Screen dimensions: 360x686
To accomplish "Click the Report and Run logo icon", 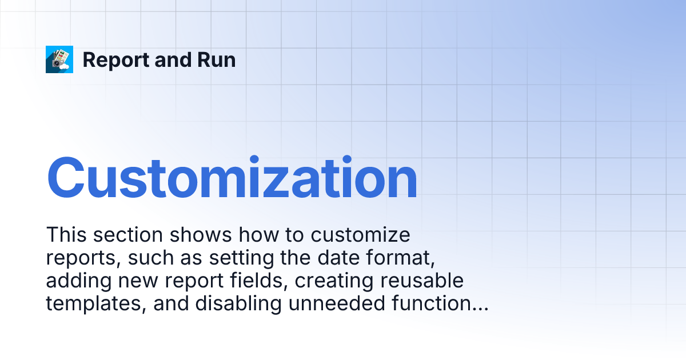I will coord(59,59).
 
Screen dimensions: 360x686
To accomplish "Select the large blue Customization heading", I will coord(232,179).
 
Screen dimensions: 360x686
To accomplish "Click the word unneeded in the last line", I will coord(338,304).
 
